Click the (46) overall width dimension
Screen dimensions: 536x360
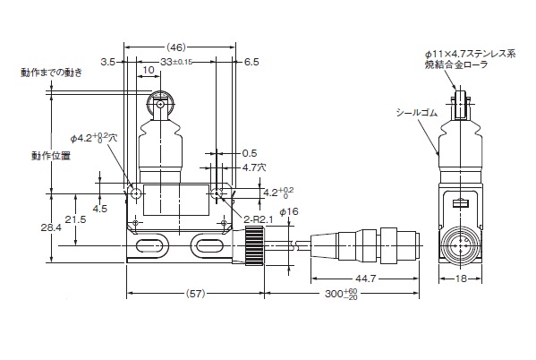176,47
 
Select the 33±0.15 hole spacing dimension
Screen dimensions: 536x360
176,62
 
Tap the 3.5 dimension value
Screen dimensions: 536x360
108,62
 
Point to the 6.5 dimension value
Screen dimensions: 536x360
251,62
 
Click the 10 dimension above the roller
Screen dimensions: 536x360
149,70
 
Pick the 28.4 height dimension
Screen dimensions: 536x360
51,227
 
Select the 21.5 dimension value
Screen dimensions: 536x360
75,219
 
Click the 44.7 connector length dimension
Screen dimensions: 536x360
365,279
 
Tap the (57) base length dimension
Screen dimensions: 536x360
195,293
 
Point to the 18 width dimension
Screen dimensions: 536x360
461,279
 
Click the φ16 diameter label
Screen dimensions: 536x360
289,212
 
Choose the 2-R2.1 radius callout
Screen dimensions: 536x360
259,219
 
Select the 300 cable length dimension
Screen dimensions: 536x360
341,293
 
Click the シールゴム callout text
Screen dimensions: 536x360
417,113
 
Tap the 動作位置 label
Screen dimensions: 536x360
51,156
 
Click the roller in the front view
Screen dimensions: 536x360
160,103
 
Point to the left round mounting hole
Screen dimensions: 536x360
136,193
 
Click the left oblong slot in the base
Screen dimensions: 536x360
149,245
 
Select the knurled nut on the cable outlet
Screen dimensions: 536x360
255,245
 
